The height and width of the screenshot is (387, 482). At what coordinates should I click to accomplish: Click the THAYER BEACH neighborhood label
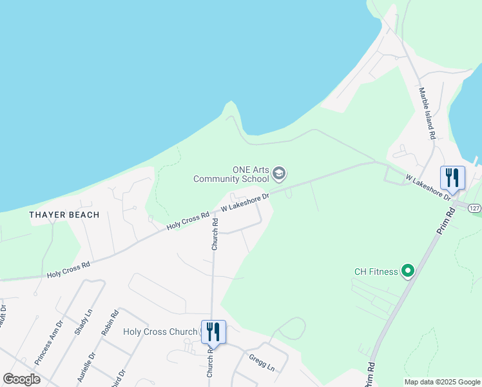pos(64,215)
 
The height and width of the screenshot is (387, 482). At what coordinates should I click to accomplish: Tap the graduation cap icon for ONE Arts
pos(279,173)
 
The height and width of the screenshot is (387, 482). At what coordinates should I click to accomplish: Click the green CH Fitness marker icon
pos(407,272)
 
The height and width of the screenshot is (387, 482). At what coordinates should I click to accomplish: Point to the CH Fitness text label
pos(376,272)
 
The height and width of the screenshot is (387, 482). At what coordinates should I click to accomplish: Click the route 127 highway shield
pos(475,208)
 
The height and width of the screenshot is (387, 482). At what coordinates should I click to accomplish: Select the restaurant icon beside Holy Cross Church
pos(213,332)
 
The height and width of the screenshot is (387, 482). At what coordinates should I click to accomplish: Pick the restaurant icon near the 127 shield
pos(452,177)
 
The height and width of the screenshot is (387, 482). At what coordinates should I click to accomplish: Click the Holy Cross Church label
pos(160,332)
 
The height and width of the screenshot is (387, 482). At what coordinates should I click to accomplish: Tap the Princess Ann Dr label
pos(49,343)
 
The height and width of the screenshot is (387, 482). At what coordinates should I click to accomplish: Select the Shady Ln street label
pos(84,321)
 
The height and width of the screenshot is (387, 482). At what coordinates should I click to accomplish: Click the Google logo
pos(21,379)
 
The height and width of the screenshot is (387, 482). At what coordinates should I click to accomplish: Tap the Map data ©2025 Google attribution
pos(442,382)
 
